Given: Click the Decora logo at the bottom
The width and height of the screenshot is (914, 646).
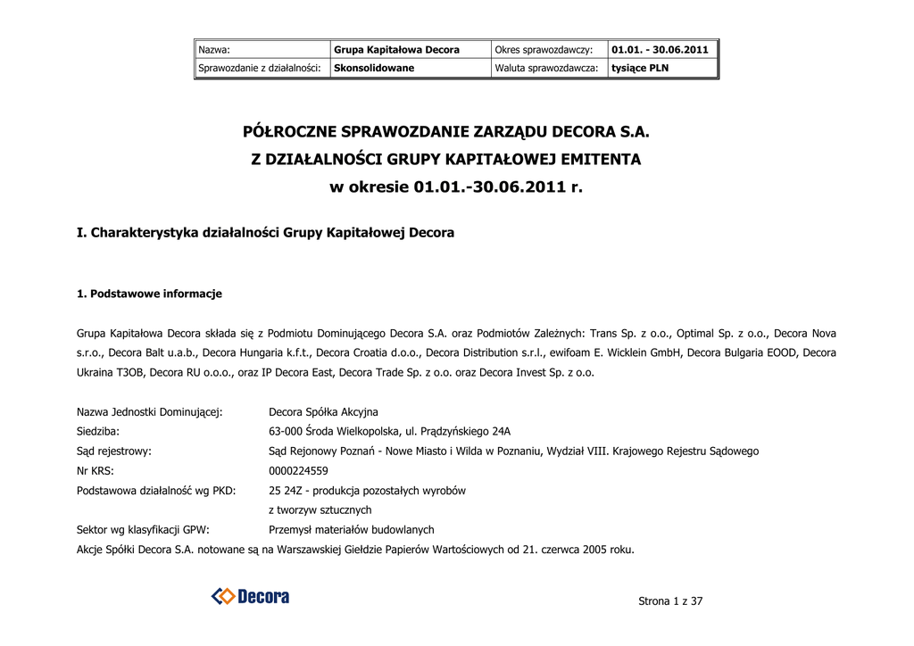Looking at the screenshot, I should click(x=250, y=596).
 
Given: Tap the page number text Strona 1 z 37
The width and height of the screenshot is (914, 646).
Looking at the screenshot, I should click(x=670, y=600).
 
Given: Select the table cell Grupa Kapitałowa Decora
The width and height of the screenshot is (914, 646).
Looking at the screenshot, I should click(x=397, y=50).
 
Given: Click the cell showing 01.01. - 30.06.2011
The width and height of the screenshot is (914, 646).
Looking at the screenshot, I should click(x=660, y=50).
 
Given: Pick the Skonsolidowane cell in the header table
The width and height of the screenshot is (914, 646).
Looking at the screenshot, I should click(x=374, y=68).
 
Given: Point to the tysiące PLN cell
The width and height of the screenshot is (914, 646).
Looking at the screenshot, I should click(x=640, y=68).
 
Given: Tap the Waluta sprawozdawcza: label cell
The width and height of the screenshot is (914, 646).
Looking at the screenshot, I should click(x=546, y=68).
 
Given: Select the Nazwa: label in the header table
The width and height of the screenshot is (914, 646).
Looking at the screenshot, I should click(x=214, y=50).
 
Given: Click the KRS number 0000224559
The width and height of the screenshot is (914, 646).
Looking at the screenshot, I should click(x=298, y=470).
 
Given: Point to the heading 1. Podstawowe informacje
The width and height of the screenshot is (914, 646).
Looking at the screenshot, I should click(x=149, y=294).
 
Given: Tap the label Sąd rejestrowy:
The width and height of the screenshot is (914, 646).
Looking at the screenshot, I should click(x=114, y=451).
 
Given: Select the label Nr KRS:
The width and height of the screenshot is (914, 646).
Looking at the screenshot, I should click(x=96, y=470).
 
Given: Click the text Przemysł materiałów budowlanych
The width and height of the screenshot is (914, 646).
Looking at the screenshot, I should click(x=351, y=529).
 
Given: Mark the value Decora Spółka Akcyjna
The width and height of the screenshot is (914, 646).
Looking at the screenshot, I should click(x=323, y=411).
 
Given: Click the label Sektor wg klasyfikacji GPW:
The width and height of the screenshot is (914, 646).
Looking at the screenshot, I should click(x=143, y=529).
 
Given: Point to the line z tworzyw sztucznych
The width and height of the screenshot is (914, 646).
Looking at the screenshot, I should click(x=320, y=509).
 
